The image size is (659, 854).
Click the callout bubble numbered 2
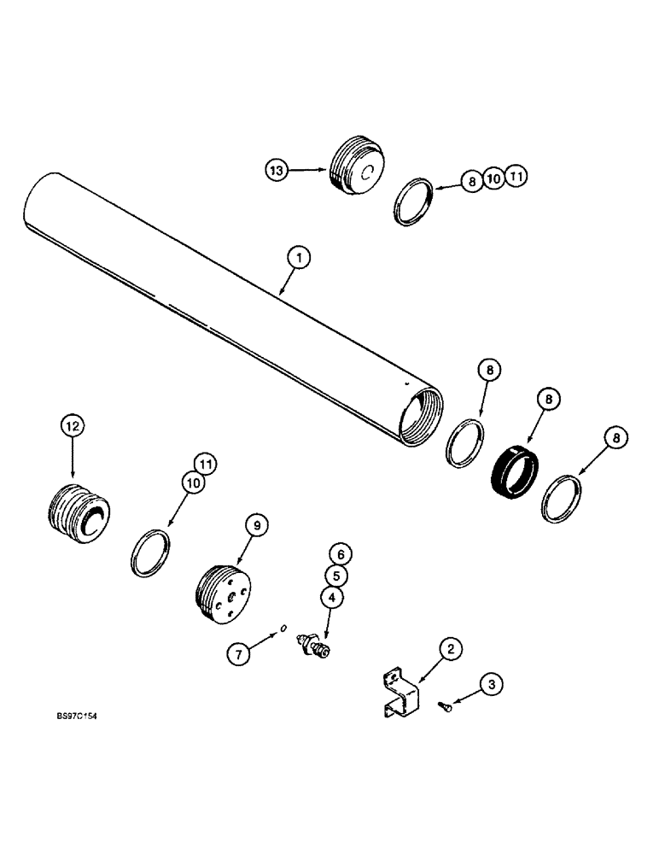452,649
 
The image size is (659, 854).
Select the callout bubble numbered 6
339,554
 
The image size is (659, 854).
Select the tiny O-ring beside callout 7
283,630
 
